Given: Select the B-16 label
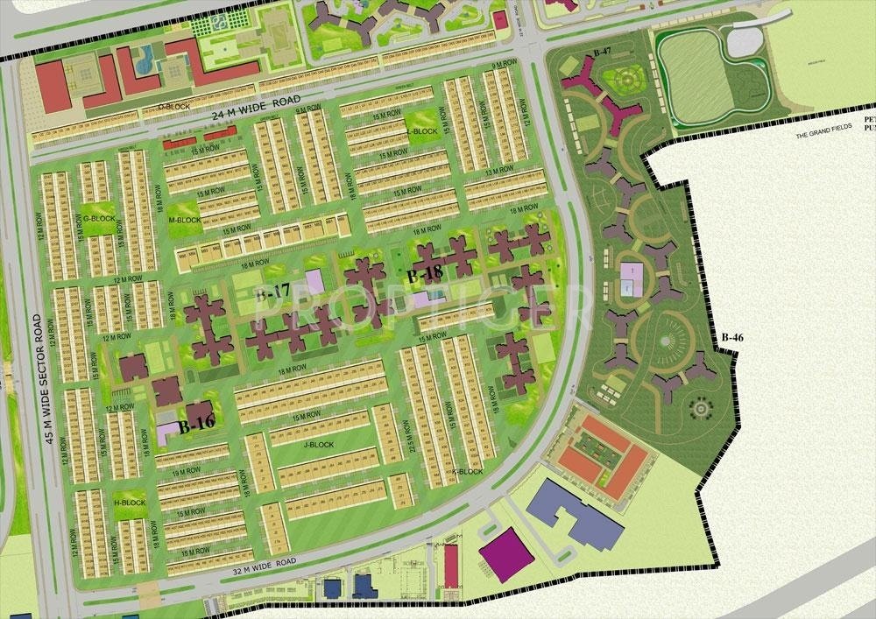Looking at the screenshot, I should point(196,426).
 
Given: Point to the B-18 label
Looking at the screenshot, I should point(424,274).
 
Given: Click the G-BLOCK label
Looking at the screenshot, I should point(98,217).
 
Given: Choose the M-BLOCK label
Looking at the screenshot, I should point(185,220).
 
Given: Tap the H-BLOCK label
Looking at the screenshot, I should point(130,503).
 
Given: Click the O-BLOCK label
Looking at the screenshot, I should point(174,106).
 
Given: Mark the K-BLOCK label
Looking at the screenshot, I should point(467,472).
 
